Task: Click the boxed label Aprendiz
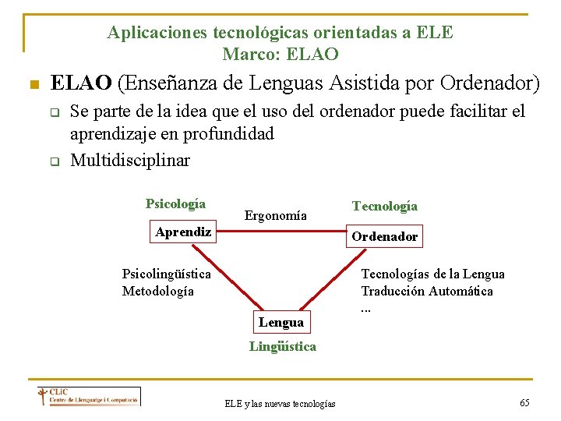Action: (183, 232)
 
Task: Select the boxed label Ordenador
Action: (384, 236)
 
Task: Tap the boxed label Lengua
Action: (281, 322)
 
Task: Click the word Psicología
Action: (175, 204)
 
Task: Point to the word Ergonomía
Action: (276, 215)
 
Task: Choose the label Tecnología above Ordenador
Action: (385, 206)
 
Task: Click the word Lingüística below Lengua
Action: (283, 346)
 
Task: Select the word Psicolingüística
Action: (167, 274)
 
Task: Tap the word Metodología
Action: (158, 291)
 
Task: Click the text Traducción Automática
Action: (427, 291)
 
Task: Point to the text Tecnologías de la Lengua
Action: (432, 274)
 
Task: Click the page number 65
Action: (524, 402)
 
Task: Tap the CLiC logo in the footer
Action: (89, 396)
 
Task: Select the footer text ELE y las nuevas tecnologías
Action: (280, 403)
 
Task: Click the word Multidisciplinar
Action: (130, 160)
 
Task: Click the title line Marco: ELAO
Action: (280, 54)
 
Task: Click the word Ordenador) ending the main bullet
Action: (490, 83)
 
